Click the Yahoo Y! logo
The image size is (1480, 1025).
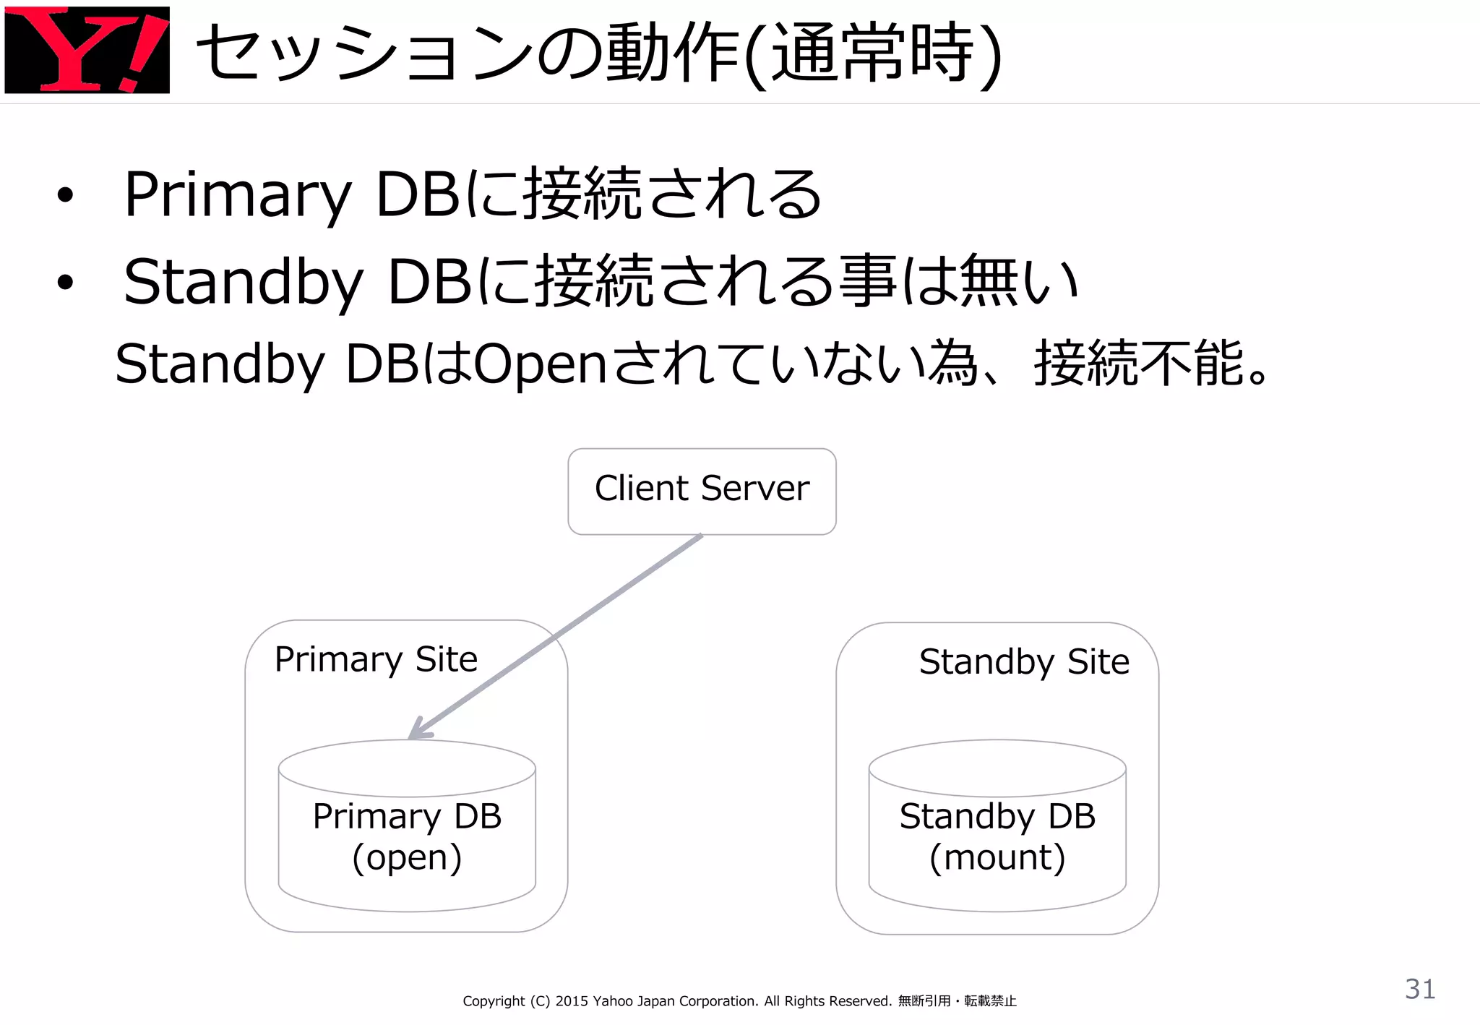[87, 50]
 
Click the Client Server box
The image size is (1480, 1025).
[702, 491]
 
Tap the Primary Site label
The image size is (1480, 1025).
[376, 659]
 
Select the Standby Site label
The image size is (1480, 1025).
[1024, 661]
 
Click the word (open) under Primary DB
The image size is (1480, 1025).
[407, 858]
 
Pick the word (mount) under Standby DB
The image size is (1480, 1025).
[997, 858]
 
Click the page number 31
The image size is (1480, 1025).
[1420, 989]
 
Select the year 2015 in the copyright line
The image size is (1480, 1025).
[572, 1001]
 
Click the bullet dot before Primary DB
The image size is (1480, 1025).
[65, 194]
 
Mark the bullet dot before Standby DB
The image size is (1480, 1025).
[65, 282]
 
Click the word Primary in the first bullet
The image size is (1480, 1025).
[238, 194]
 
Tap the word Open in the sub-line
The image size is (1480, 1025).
[539, 364]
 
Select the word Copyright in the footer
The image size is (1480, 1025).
[494, 1001]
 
